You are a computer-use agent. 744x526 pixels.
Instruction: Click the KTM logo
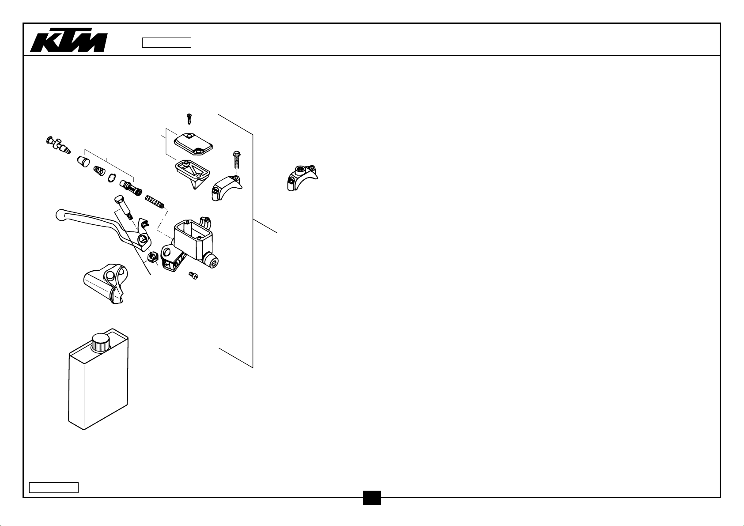pos(69,40)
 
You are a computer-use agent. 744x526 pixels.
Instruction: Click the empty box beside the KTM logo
pos(166,43)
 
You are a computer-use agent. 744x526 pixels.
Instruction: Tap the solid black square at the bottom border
pos(372,497)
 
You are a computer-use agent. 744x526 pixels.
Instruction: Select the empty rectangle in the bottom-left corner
pos(54,488)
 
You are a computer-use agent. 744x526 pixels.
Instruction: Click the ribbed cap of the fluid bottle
pos(101,343)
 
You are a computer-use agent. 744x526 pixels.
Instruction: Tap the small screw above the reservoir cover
pos(189,119)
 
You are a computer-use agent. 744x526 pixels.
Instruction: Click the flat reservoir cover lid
pos(193,144)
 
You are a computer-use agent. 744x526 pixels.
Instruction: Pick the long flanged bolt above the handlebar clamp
pos(237,160)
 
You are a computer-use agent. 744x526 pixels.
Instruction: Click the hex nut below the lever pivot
pos(152,257)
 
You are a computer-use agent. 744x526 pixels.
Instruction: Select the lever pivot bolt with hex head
pos(124,207)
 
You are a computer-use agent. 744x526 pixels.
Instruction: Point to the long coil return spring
pos(155,202)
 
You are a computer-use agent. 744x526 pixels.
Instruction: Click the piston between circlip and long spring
pos(131,188)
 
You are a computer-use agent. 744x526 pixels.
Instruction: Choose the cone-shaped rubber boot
pos(83,162)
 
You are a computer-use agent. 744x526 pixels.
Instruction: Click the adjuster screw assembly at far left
pos(58,145)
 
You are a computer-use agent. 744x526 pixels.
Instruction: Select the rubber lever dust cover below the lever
pos(106,284)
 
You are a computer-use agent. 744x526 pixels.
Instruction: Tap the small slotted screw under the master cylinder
pos(193,276)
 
